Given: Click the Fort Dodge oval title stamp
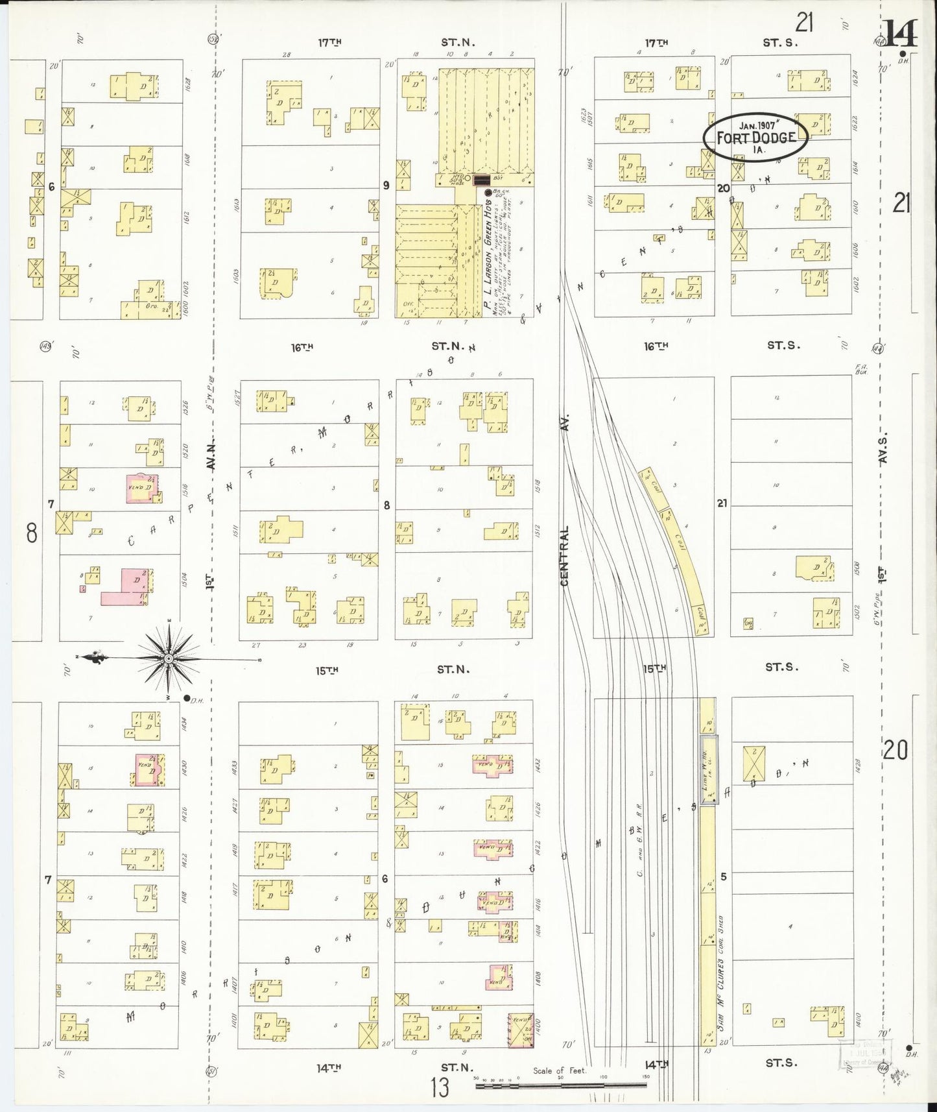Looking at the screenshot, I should click(755, 137).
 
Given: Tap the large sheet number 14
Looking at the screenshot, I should click(901, 34).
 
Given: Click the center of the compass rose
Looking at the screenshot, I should click(169, 659).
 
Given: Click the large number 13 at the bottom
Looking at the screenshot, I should click(440, 1087).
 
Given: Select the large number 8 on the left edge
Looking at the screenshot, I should click(31, 533).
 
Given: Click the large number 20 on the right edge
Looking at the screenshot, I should click(895, 751).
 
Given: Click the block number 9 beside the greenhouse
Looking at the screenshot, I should click(386, 186).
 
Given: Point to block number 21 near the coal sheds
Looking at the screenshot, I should click(722, 503).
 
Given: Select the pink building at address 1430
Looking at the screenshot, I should click(149, 770).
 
